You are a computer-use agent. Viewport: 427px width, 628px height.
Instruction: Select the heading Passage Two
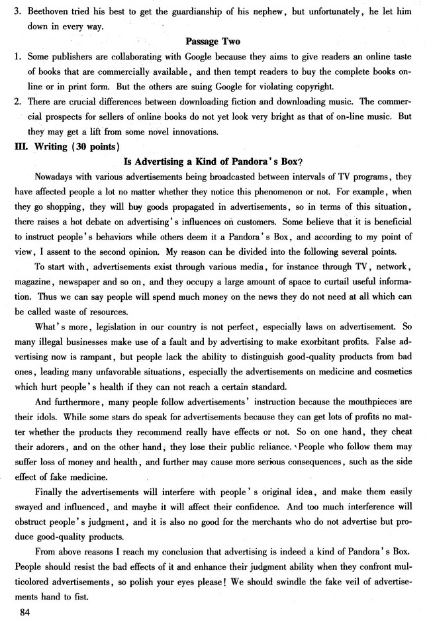(213, 40)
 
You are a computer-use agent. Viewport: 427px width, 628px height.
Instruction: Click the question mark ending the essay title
(301, 161)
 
